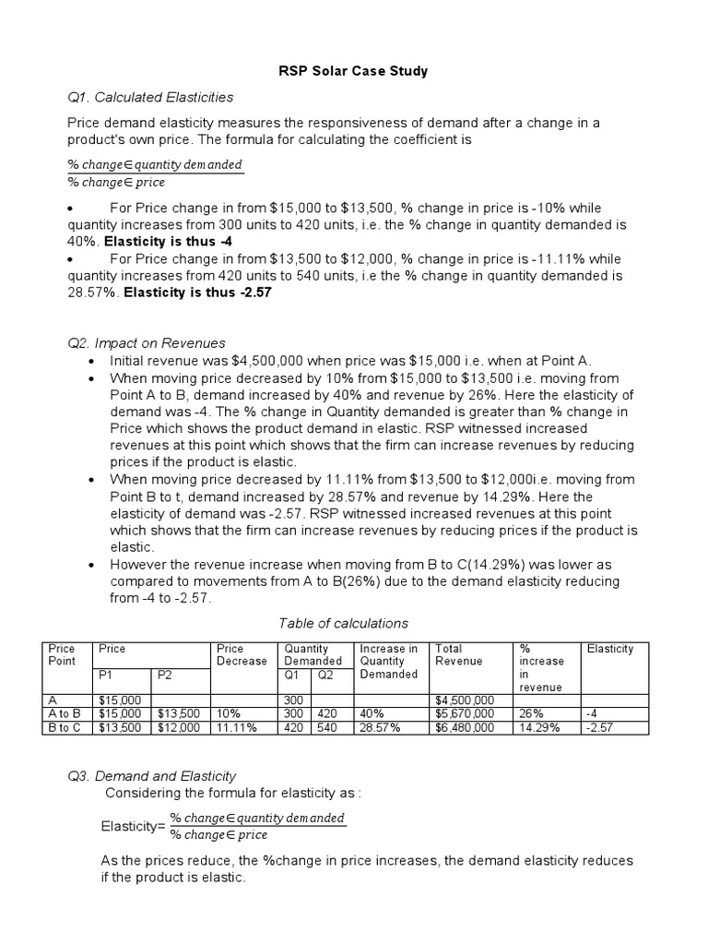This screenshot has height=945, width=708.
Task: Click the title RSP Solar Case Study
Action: (x=354, y=70)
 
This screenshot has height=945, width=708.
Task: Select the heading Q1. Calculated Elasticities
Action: (x=150, y=97)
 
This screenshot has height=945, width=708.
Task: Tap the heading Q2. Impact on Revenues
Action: (x=146, y=342)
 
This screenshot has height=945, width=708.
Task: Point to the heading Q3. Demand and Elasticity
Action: (x=151, y=776)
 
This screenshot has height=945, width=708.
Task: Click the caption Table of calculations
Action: (x=343, y=623)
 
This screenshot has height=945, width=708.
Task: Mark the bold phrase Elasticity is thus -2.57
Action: (x=198, y=293)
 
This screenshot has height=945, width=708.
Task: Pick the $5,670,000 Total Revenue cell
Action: (x=465, y=713)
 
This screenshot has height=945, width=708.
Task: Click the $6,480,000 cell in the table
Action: (x=465, y=727)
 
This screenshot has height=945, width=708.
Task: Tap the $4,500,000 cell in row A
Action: (x=465, y=700)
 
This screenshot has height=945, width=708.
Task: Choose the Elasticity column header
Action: (x=609, y=649)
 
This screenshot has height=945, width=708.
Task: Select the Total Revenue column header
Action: (x=458, y=654)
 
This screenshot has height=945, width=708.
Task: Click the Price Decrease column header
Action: (x=241, y=654)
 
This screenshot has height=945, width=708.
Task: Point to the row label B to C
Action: (x=65, y=727)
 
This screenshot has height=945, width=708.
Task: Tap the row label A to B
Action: (x=65, y=713)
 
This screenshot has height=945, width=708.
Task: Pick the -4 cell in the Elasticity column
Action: (x=590, y=713)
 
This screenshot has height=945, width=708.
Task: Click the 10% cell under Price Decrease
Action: (x=229, y=713)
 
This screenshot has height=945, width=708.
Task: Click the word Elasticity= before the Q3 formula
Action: (x=132, y=827)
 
